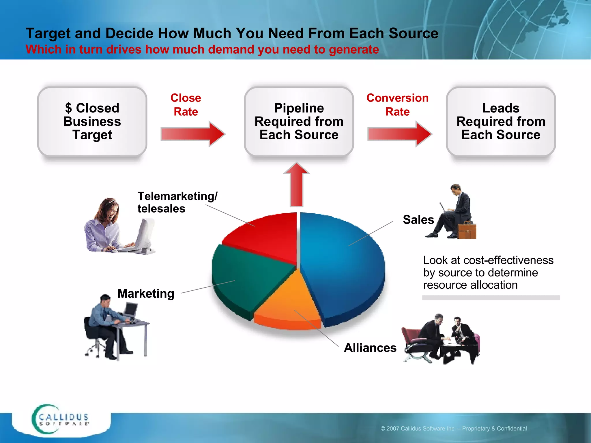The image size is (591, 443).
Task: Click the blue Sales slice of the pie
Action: point(343,265)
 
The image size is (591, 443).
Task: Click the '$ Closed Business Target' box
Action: point(92,121)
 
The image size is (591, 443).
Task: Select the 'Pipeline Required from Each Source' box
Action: point(299,121)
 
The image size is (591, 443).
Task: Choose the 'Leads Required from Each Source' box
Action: point(501,121)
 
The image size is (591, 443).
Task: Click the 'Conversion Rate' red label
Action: point(397,104)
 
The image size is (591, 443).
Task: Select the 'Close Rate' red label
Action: point(186,104)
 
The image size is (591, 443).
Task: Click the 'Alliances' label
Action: point(370,348)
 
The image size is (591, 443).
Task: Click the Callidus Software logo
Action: point(61,420)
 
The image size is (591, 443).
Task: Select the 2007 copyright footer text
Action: point(453,429)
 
